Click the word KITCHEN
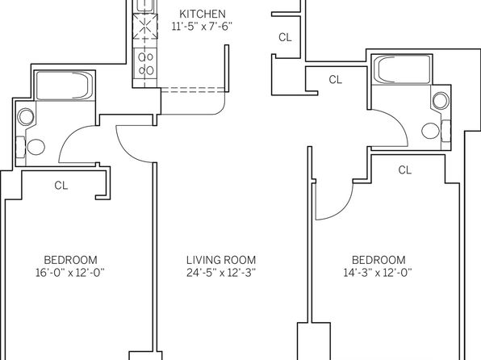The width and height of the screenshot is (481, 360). (x=203, y=14)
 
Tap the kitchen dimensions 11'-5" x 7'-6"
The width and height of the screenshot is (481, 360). (x=202, y=27)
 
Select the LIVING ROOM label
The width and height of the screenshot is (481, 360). (x=221, y=260)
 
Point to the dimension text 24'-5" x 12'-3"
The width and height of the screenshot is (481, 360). (x=221, y=273)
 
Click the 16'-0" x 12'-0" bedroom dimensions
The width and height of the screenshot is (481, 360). (x=70, y=273)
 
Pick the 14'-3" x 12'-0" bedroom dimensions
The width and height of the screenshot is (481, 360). (x=378, y=273)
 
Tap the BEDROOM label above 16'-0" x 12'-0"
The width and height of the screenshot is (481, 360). (x=70, y=260)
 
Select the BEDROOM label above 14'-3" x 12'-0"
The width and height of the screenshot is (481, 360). (x=379, y=260)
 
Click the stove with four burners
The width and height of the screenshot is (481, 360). (x=145, y=64)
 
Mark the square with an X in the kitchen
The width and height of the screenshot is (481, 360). (x=145, y=27)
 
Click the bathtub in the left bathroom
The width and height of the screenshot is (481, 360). (x=65, y=85)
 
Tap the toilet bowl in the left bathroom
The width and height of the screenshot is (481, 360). (x=36, y=147)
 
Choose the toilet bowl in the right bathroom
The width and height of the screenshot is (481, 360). (x=430, y=131)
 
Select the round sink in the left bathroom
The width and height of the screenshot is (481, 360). (x=26, y=116)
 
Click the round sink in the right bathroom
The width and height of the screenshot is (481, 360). (x=441, y=100)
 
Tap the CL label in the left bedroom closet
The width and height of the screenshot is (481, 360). (x=61, y=186)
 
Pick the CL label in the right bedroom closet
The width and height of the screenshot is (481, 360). (x=404, y=170)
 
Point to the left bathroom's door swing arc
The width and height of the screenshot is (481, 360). (x=70, y=136)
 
